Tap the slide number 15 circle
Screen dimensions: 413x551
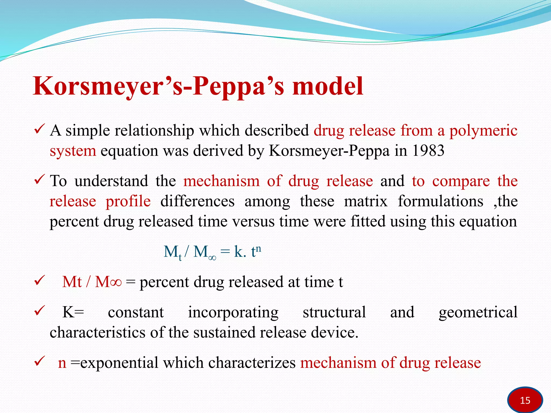(x=525, y=400)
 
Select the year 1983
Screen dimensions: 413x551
(x=428, y=151)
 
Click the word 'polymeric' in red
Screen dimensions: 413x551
(x=483, y=131)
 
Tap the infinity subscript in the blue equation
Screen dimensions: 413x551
(x=212, y=258)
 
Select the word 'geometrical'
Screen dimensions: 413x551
(x=478, y=312)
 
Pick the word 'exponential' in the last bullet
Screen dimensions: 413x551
(x=119, y=363)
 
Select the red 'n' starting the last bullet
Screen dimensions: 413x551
(x=62, y=363)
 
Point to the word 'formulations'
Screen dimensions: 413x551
(x=440, y=202)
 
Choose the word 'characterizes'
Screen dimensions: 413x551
(x=252, y=363)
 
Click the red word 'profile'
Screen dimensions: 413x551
(x=128, y=202)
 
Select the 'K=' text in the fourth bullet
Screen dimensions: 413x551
(x=73, y=312)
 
